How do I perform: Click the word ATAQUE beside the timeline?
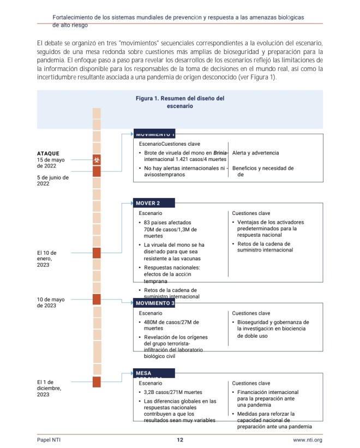48,153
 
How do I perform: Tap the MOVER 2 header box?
154,203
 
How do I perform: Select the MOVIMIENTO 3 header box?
155,303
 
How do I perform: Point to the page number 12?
179,440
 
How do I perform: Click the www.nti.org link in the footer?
308,440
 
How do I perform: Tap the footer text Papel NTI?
49,440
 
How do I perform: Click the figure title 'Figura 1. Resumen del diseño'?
180,102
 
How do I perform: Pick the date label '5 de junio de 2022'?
53,181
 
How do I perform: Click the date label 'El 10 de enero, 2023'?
47,259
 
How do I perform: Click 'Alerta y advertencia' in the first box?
255,153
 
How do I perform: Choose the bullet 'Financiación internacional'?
267,392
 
